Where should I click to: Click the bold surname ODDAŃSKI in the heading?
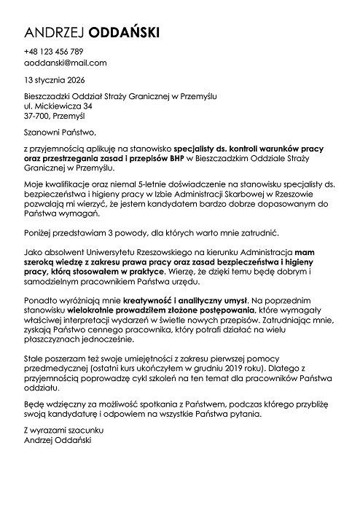[x=122, y=32]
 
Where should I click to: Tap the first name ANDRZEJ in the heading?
[x=54, y=32]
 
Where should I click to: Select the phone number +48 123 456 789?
[x=53, y=52]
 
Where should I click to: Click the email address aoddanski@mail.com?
[x=65, y=63]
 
